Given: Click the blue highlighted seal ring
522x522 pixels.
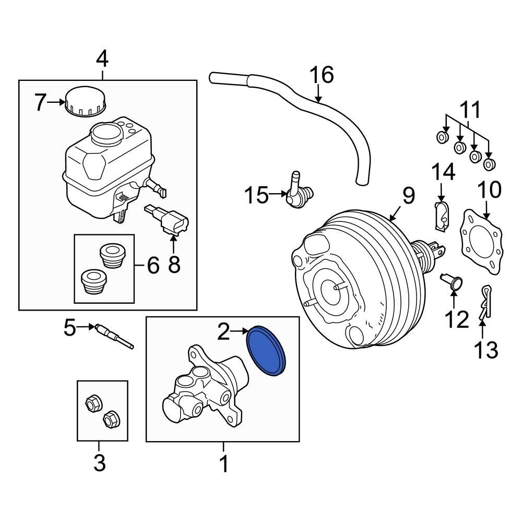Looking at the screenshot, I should click(x=267, y=351).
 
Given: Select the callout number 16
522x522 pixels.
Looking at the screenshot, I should click(x=322, y=75).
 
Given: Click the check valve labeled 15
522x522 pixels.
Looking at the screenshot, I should click(x=296, y=194).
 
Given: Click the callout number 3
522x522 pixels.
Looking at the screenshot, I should click(x=99, y=462).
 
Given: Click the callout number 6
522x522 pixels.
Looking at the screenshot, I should click(x=152, y=266).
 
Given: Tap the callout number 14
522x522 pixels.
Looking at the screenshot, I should click(x=443, y=172).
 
